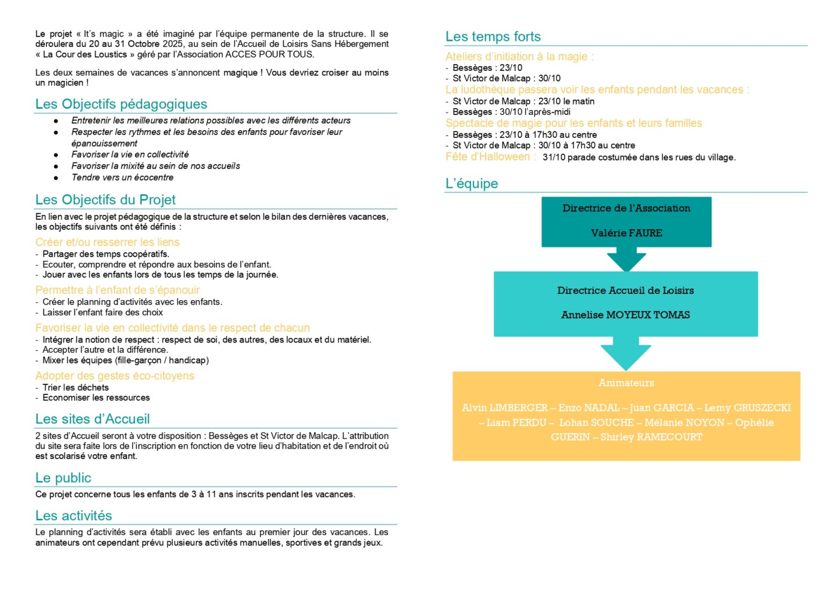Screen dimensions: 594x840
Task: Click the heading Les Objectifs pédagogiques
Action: [x=121, y=104]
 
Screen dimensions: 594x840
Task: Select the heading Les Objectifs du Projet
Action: [x=106, y=200]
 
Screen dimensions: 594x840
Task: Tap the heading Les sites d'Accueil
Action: [x=92, y=419]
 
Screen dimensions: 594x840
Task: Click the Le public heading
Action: [x=64, y=478]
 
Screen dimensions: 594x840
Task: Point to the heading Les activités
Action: [x=74, y=516]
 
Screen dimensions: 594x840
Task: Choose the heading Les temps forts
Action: [x=493, y=37]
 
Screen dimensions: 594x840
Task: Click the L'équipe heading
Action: [x=472, y=184]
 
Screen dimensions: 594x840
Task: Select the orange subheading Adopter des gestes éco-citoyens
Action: [x=115, y=376]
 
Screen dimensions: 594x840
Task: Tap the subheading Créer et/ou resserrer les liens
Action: [x=107, y=242]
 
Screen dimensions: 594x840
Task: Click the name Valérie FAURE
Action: [x=626, y=233]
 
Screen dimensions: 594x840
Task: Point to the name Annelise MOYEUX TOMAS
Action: [x=625, y=315]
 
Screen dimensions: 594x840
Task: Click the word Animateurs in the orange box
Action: [x=626, y=383]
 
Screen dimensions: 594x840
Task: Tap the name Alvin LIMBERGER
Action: [x=505, y=408]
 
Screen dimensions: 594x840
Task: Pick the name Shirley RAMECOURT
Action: [x=651, y=437]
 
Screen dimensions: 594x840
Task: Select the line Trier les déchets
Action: [x=76, y=388]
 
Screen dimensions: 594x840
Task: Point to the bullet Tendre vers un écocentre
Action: [x=122, y=178]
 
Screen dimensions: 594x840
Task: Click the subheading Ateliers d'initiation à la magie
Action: [x=519, y=56]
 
